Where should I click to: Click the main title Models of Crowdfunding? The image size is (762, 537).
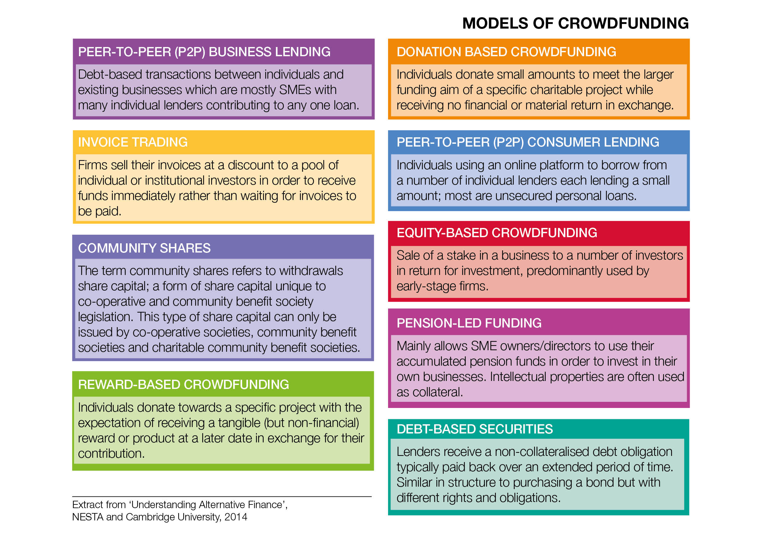[x=575, y=23]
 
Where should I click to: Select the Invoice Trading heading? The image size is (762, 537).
[x=133, y=142]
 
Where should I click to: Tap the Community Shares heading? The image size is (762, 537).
[x=144, y=248]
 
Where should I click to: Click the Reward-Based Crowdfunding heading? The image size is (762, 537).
[x=183, y=384]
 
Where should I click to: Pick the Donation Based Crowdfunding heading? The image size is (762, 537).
[x=506, y=52]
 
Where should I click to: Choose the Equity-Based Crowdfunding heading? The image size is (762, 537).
[x=497, y=233]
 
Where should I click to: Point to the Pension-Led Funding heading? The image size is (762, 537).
[x=469, y=323]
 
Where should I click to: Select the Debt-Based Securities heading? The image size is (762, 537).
[x=475, y=429]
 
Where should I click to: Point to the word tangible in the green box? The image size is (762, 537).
[x=239, y=423]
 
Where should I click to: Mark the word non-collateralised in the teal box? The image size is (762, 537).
[x=542, y=452]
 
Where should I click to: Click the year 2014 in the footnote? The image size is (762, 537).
[x=236, y=517]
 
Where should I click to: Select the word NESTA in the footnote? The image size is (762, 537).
[x=88, y=517]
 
